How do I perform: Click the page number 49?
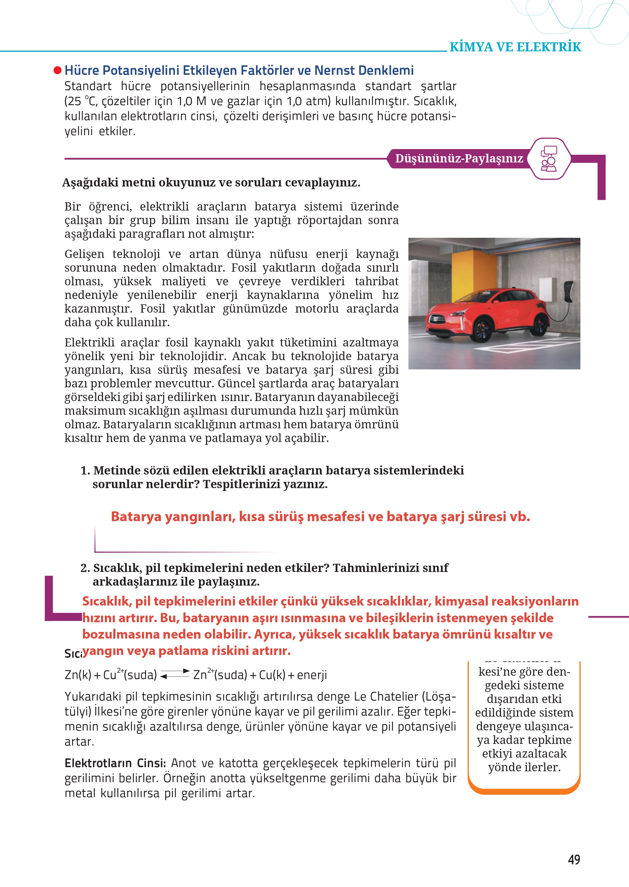574,859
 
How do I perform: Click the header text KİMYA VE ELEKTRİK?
515,47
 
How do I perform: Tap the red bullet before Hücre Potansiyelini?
57,70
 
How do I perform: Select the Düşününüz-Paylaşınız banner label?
459,158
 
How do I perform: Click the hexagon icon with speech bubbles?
549,159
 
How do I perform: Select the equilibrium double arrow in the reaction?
175,674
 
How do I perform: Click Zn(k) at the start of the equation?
78,675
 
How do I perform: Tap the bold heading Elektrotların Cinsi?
115,763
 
